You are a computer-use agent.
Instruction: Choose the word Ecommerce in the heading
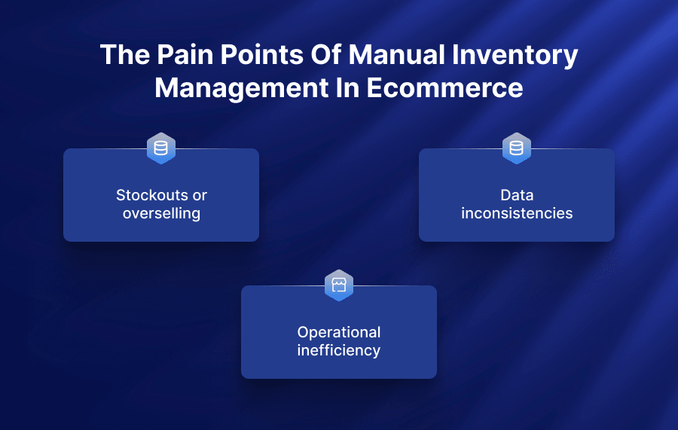(x=444, y=88)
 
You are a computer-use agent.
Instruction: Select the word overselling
(x=161, y=213)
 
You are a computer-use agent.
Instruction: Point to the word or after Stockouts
(x=199, y=196)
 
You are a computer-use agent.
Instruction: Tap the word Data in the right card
(x=517, y=195)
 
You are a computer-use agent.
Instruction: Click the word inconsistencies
(x=517, y=213)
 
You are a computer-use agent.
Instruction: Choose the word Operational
(x=339, y=332)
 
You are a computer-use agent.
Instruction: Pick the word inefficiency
(x=339, y=350)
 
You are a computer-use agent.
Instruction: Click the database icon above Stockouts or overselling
(x=161, y=148)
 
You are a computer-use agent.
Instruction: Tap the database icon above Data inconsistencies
(x=517, y=148)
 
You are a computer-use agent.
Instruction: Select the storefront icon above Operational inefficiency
(x=339, y=285)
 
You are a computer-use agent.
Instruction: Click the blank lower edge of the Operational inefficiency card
(x=339, y=371)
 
